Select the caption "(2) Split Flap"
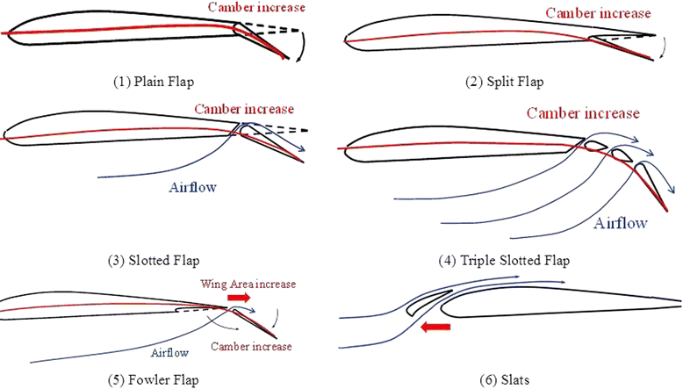tap(504, 82)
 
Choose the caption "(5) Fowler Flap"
tap(149, 379)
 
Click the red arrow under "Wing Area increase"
tap(238, 298)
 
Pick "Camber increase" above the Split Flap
tap(599, 13)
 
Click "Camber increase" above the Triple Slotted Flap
tap(583, 113)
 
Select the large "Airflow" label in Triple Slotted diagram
tap(622, 223)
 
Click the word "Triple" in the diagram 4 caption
tap(479, 262)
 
